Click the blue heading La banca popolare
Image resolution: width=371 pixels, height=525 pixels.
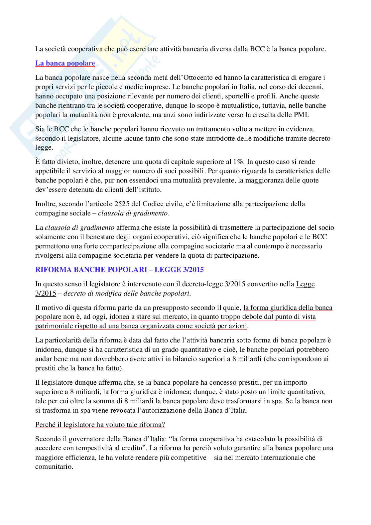pos(65,63)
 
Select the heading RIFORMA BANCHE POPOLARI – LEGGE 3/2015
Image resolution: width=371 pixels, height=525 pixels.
pos(119,270)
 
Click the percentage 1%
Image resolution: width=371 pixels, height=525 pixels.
pos(238,162)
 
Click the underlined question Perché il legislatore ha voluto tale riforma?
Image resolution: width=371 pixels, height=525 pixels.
pos(100,425)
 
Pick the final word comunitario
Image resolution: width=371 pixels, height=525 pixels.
pos(54,467)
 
